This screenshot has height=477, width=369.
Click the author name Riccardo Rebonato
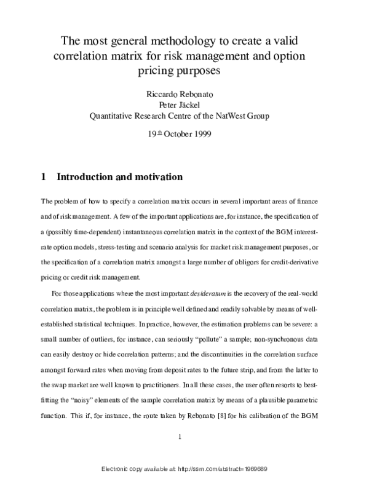tap(185, 94)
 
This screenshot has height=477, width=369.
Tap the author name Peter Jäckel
tap(185, 104)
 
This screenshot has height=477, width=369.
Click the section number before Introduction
tap(44, 177)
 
